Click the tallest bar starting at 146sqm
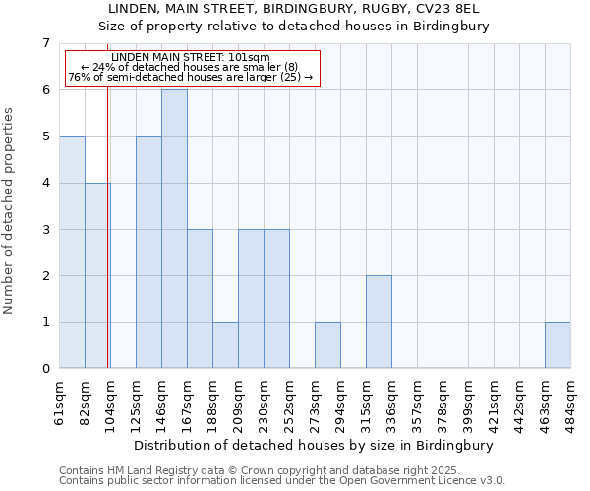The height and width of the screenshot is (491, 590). (x=174, y=229)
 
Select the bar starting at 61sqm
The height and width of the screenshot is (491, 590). (x=72, y=252)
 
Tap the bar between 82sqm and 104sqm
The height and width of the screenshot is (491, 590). (x=97, y=276)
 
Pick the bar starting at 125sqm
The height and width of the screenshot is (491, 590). (x=148, y=252)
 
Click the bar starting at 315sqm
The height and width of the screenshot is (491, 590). (x=379, y=322)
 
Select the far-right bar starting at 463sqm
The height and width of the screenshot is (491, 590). (x=558, y=346)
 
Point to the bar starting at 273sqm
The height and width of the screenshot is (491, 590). (x=327, y=346)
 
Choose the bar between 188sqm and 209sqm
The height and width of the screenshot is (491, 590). (x=225, y=346)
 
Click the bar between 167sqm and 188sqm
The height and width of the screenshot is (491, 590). (x=200, y=300)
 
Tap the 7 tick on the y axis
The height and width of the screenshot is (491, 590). (x=45, y=43)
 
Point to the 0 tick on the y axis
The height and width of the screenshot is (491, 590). (x=45, y=369)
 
